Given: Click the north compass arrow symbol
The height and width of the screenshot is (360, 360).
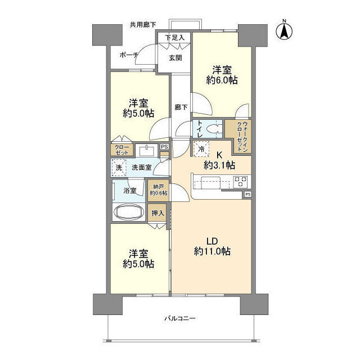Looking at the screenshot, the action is tap(284, 31).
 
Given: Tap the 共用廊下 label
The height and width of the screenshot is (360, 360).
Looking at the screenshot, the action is tap(143, 25).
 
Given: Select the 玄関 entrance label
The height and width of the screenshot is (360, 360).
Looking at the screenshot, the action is tap(175, 58).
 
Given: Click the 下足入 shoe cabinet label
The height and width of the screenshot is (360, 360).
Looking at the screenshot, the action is tap(175, 38).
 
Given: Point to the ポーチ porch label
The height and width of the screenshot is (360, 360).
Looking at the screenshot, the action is tap(129, 55).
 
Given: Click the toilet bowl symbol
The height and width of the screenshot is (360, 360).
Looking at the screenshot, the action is tap(213, 129).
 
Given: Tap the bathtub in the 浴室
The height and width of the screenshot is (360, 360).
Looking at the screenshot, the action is tap(129, 211).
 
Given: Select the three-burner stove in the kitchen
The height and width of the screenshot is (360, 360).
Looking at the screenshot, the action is tap(240, 182).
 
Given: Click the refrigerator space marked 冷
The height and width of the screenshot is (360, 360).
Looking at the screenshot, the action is tap(201, 148).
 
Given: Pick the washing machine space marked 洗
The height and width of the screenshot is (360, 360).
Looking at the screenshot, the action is tap(119, 168).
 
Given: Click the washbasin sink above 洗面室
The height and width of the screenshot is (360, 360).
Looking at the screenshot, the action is tap(146, 150).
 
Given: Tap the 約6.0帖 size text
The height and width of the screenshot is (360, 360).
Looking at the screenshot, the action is tap(222, 80).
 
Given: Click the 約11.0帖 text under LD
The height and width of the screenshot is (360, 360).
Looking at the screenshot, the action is tap(212, 251).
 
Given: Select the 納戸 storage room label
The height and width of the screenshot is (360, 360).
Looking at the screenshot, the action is tap(159, 187).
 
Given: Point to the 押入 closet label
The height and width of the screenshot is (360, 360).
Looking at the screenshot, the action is tap(157, 213).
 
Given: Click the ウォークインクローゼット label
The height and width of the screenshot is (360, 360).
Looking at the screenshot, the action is tap(242, 136).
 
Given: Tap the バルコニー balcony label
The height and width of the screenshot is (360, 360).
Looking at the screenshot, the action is tap(180, 318).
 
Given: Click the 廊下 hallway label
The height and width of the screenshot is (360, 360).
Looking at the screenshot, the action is tap(181, 107).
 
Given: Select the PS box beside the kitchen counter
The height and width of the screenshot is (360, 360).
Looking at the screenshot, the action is tap(247, 194).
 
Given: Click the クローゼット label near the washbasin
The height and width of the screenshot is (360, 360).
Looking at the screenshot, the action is tap(121, 150).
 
